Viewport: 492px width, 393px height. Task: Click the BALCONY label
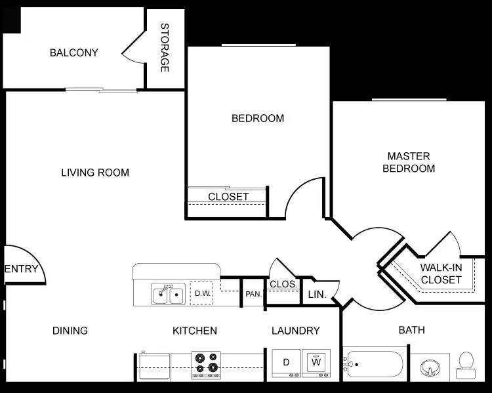tap(73, 52)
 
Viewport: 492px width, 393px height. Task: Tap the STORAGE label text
tap(165, 48)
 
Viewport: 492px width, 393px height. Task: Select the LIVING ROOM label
tap(95, 173)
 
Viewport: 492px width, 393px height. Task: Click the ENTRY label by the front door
tap(22, 269)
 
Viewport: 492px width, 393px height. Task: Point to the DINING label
tap(70, 331)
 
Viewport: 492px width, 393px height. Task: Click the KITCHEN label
tap(195, 331)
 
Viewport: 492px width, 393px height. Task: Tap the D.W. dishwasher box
tap(202, 293)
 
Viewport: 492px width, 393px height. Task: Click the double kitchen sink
tap(168, 295)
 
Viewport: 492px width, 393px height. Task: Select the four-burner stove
tap(205, 365)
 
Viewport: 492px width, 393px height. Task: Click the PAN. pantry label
tap(253, 295)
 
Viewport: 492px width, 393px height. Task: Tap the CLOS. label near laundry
tap(283, 284)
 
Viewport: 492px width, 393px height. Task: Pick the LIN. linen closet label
tap(318, 295)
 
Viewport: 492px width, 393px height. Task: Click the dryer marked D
tap(286, 363)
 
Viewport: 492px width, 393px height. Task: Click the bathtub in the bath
tap(375, 364)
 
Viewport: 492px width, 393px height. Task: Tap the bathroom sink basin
tap(430, 367)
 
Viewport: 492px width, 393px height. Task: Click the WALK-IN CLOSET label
tap(441, 274)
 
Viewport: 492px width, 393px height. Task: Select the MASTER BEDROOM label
tap(408, 162)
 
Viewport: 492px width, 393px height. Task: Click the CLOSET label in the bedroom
tap(228, 197)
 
